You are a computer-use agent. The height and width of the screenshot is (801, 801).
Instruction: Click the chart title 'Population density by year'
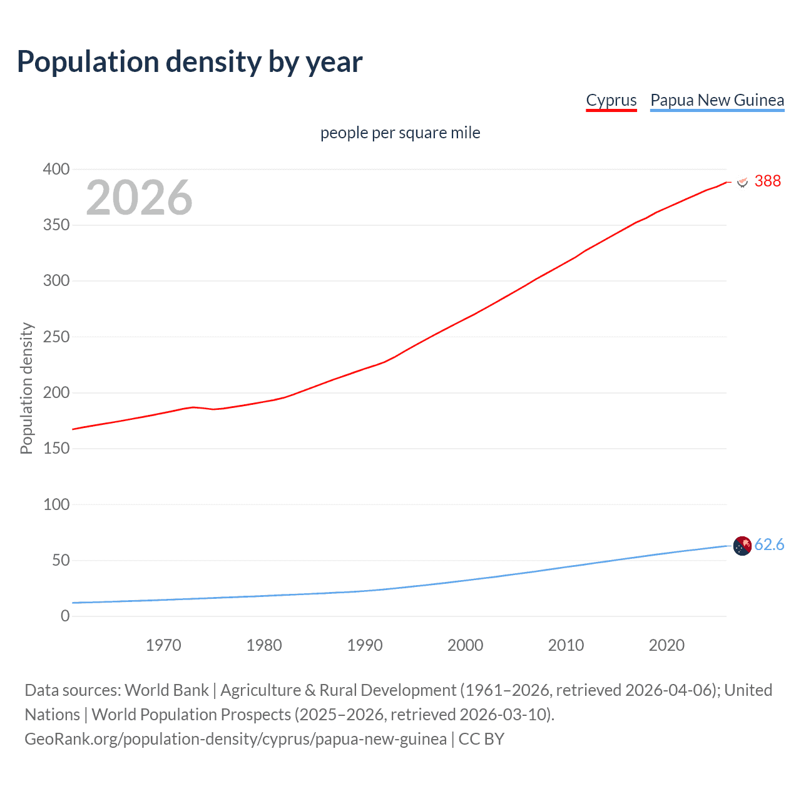pos(190,62)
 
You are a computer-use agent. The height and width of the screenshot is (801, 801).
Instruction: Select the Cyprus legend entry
pos(611,100)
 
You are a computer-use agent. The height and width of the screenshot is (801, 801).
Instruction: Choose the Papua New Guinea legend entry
pos(717,100)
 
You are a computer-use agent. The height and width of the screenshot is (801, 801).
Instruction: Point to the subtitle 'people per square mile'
pos(400,133)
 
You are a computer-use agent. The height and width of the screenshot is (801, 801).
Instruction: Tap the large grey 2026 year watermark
pos(139,198)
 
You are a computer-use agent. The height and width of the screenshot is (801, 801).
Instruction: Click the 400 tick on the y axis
pos(56,169)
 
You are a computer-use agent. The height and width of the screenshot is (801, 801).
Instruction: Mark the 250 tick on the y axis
pos(56,337)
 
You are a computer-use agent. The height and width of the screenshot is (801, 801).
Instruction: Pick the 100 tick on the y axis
pos(56,504)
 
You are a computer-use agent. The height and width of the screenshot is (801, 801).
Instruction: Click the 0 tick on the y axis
pos(65,616)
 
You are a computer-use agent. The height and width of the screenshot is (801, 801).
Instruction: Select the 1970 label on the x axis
pos(163,645)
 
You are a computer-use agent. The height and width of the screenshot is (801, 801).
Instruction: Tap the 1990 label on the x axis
pos(365,645)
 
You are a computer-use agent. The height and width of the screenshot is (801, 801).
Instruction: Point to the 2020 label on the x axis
pos(666,645)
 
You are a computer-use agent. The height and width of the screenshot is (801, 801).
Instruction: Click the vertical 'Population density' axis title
pos(26,388)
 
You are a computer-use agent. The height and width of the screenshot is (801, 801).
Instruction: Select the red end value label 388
pos(767,181)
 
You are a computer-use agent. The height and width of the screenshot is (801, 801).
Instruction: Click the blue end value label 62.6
pos(769,544)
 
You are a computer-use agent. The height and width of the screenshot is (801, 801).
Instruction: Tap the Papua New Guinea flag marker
pos(742,546)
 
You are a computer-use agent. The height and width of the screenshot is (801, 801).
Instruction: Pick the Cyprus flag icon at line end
pos(742,182)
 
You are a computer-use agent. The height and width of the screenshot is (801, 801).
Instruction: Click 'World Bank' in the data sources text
pos(166,690)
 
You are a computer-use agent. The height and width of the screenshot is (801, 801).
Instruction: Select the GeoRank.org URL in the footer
pos(235,739)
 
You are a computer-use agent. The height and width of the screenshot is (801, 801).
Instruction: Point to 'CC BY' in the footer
pos(481,739)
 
